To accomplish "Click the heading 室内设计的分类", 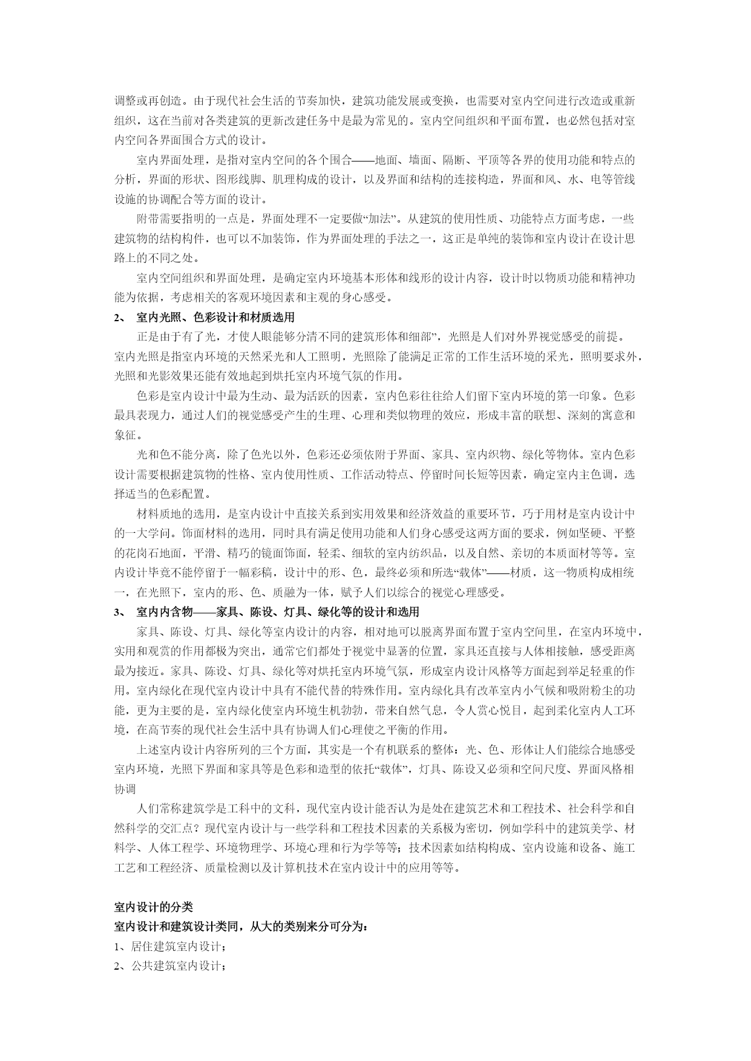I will [153, 907].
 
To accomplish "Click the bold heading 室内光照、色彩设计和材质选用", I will [215, 317].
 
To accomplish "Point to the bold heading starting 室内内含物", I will [278, 612].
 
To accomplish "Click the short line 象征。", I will [129, 435].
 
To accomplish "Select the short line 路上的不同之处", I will [157, 258].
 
